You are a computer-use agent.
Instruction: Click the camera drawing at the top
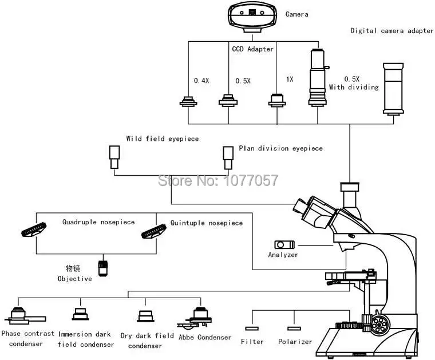(x=252, y=15)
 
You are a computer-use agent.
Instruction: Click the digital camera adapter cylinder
(x=393, y=88)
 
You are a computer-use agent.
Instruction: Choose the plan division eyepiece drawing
(x=228, y=157)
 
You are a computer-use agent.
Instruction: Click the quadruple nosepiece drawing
(x=34, y=228)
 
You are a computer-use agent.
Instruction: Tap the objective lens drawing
(x=103, y=268)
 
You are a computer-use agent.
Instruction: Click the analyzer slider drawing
(x=283, y=244)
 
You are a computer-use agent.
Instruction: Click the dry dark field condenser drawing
(x=144, y=316)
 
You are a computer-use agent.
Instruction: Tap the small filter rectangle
(x=252, y=328)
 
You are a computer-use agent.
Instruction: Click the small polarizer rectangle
(x=294, y=328)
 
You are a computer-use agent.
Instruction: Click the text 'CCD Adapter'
(x=252, y=49)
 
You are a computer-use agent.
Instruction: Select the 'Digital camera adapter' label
(x=392, y=30)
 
